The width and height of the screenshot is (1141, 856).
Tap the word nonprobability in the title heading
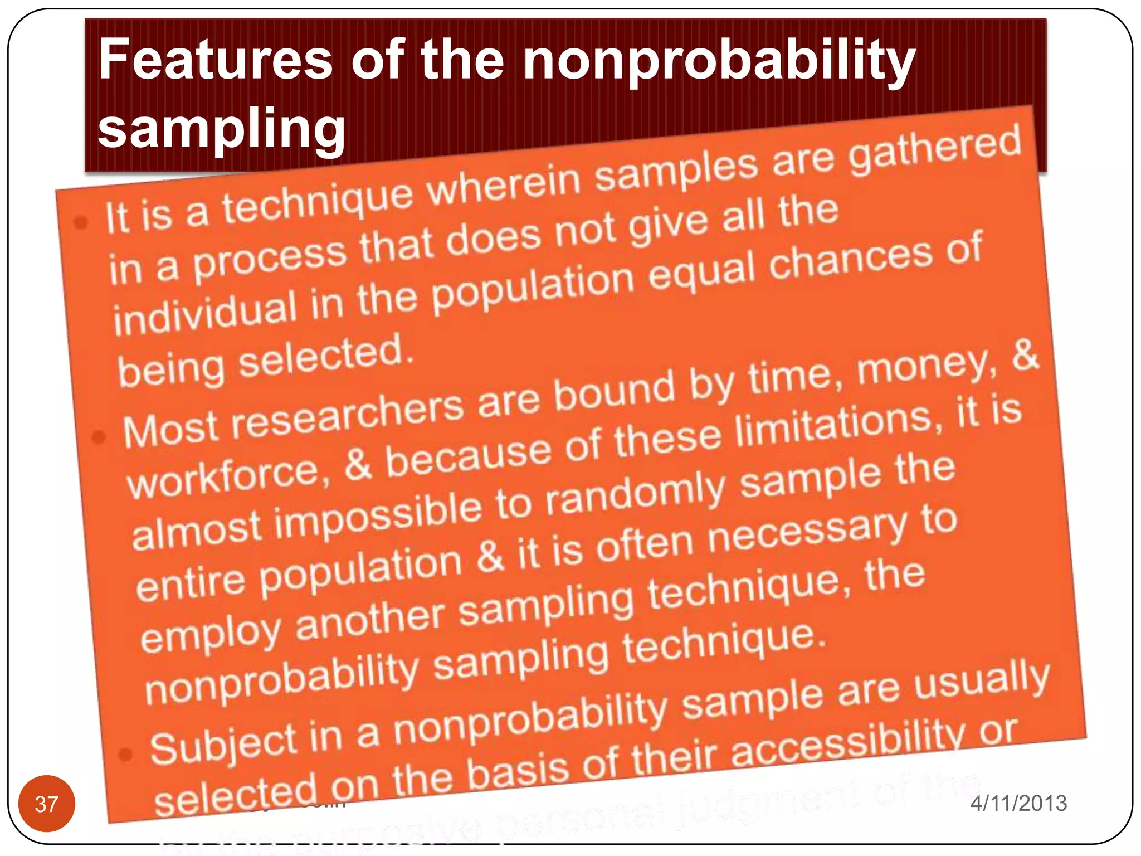(x=719, y=61)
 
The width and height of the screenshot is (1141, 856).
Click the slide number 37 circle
(x=47, y=803)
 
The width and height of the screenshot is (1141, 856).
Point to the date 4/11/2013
(x=1018, y=803)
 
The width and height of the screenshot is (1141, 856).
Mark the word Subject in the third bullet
(x=223, y=745)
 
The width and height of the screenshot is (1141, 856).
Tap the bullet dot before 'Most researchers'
(x=99, y=437)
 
